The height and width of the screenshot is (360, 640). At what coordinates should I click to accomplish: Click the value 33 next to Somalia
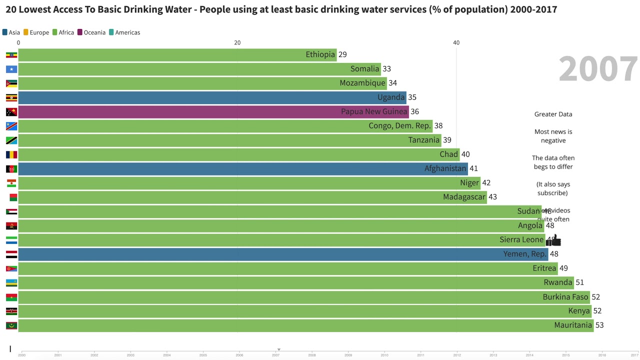click(386, 69)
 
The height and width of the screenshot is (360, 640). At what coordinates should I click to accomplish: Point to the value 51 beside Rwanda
click(579, 282)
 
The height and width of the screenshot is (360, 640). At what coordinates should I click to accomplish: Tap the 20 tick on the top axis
click(237, 43)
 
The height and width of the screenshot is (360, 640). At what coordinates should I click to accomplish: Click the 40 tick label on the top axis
click(456, 43)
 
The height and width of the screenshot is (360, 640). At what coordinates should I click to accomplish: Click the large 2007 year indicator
click(598, 69)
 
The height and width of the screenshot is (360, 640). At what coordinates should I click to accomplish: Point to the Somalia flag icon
click(11, 69)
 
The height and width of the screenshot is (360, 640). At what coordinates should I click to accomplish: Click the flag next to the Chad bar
click(11, 154)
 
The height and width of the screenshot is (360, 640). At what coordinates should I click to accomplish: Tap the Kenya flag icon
click(11, 311)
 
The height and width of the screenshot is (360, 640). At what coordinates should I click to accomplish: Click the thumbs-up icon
click(554, 241)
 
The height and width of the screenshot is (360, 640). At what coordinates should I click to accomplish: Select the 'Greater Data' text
click(553, 114)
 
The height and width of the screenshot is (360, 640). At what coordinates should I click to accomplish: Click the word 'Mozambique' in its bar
click(362, 83)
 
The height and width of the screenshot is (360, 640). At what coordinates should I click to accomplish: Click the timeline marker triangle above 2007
click(279, 349)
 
